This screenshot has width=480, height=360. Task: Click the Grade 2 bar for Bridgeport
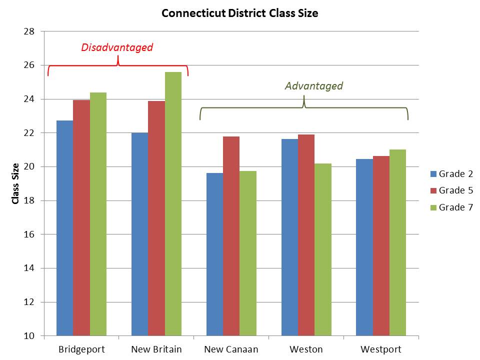[x=64, y=228]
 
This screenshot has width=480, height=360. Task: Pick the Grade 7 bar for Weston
[x=323, y=249]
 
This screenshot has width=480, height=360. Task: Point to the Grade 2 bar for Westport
[x=364, y=247]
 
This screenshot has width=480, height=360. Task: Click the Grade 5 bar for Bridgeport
[x=81, y=218]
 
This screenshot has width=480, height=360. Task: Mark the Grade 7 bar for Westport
[x=397, y=242]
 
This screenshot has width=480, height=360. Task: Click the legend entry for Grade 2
[x=451, y=174]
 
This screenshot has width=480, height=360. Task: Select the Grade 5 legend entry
[x=451, y=190]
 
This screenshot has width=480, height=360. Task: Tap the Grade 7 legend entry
[x=451, y=207]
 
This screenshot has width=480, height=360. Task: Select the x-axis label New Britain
[x=156, y=349]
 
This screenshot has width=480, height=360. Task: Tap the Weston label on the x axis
[x=306, y=349]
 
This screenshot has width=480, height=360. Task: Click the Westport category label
[x=381, y=349]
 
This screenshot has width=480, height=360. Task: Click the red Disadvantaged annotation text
[x=117, y=48]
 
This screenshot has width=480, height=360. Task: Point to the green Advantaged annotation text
[x=314, y=86]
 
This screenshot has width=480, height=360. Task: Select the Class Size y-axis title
[x=15, y=183]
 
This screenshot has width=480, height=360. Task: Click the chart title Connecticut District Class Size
[x=239, y=13]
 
